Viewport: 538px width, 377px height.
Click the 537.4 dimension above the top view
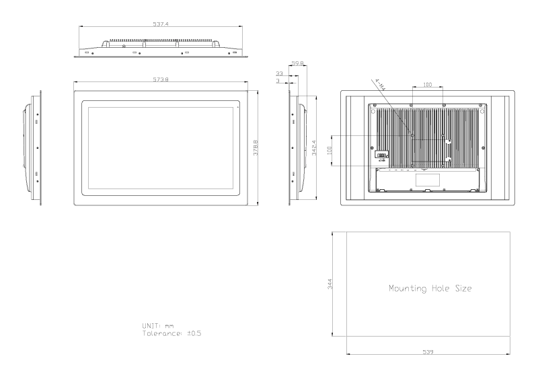point(161,24)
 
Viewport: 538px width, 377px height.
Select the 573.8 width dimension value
point(161,79)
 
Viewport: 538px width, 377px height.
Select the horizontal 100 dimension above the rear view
point(427,85)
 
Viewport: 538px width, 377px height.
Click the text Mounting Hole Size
point(430,288)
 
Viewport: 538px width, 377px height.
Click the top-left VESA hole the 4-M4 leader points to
point(412,135)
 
